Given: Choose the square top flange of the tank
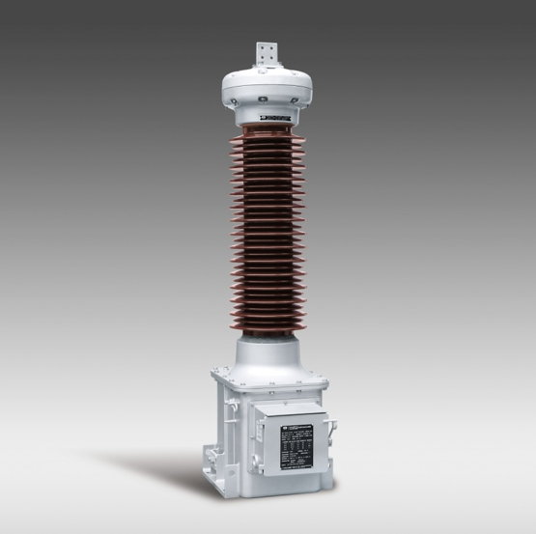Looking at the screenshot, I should click(x=267, y=373).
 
